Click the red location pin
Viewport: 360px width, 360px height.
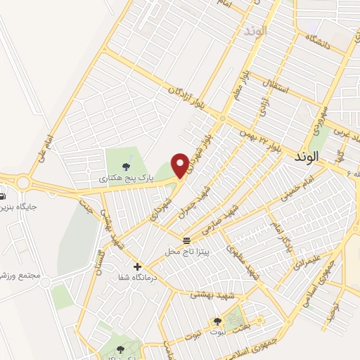click(x=181, y=165)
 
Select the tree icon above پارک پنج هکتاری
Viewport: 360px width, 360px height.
click(x=125, y=167)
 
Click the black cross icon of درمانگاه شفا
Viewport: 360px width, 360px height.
click(x=137, y=267)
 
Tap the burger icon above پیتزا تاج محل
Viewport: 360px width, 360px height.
click(x=186, y=240)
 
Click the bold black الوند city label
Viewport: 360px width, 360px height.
click(x=324, y=159)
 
